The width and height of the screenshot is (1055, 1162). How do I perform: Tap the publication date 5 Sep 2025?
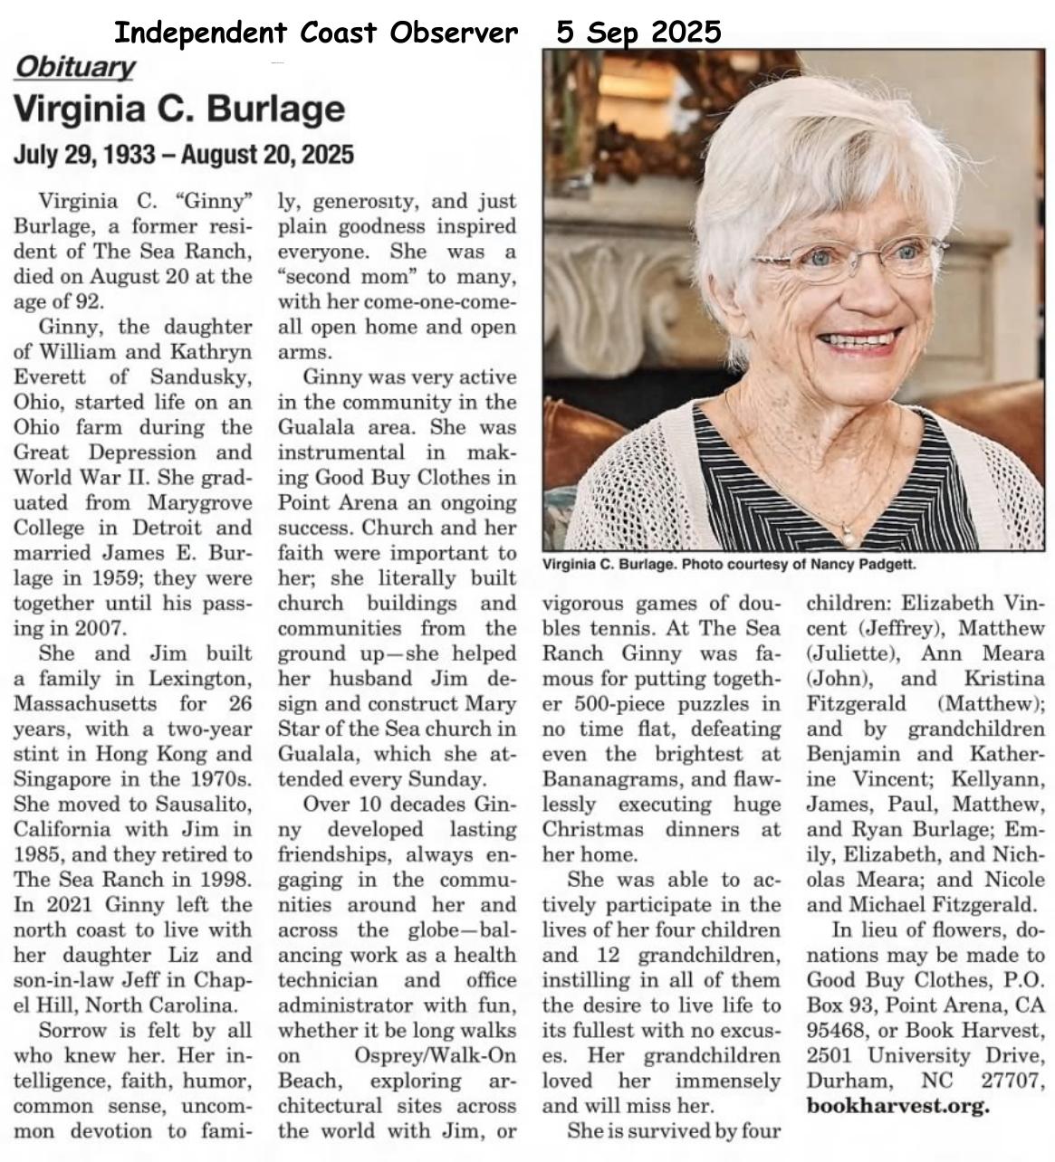point(638,33)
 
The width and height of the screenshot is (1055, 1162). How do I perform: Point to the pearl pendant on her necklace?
point(848,537)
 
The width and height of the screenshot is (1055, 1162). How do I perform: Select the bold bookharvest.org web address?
point(897,1106)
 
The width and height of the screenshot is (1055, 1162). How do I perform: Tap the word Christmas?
point(594,830)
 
